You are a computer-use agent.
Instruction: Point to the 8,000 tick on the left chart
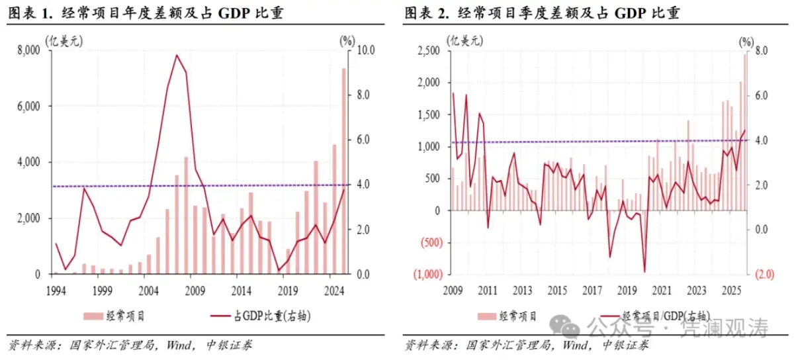point(29,50)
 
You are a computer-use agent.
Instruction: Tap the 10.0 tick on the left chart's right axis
point(365,50)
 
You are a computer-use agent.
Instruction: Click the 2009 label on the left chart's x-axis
point(194,290)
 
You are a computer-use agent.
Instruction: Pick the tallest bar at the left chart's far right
point(344,171)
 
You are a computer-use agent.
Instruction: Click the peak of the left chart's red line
point(176,56)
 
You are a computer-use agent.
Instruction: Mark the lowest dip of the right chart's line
point(644,272)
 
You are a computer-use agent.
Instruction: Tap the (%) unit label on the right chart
point(746,40)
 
